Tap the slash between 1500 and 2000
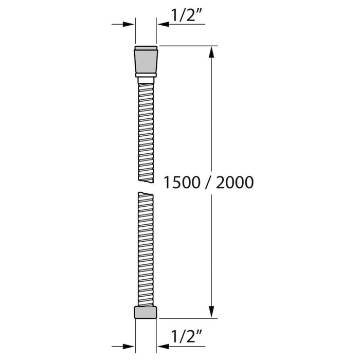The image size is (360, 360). tap(208, 182)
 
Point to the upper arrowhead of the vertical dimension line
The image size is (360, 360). tap(210, 52)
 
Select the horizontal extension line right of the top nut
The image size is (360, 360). tap(190, 46)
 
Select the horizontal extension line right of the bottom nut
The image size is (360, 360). tap(190, 319)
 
